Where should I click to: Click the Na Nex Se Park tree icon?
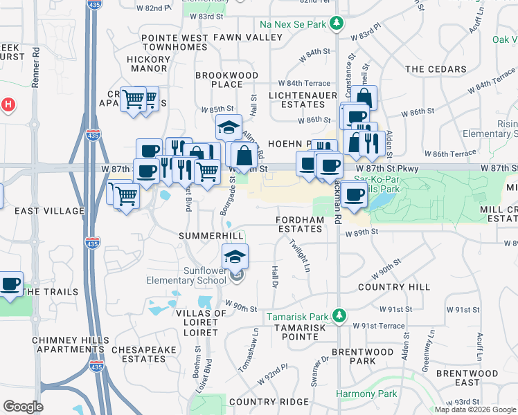337,24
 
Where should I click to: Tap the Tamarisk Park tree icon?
339,316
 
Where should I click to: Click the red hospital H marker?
8,105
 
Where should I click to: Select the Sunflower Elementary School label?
186,275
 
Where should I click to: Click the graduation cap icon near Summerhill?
235,257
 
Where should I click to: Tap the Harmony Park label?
366,394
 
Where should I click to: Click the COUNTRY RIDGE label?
269,402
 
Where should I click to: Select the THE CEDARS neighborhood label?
436,69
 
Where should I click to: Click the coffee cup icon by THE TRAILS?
10,284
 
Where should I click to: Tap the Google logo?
23,406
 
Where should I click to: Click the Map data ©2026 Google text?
475,409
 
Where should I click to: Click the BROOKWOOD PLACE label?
226,79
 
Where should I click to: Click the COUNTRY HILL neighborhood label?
394,286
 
